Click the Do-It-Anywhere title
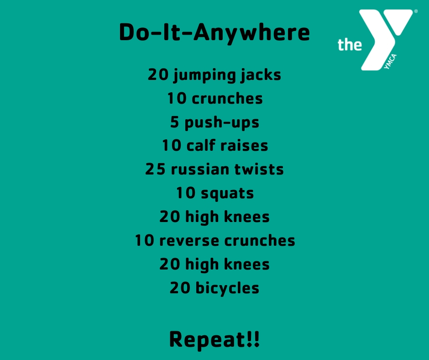coord(214,33)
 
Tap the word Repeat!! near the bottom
coord(214,340)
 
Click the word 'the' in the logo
coord(350,44)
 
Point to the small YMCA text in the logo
coord(390,62)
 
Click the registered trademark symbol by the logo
coord(416,11)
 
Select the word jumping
coord(204,76)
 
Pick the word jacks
coord(261,75)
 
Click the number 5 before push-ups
coord(174,122)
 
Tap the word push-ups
coord(222,123)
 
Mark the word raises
coord(244,146)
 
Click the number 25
coord(156,169)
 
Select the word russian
coord(200,169)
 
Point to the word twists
coord(259,169)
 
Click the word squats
coord(227,194)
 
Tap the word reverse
coord(189,241)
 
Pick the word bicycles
coord(227,288)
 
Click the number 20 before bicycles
coord(180,288)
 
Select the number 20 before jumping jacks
coord(158,74)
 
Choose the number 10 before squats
coord(186,193)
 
